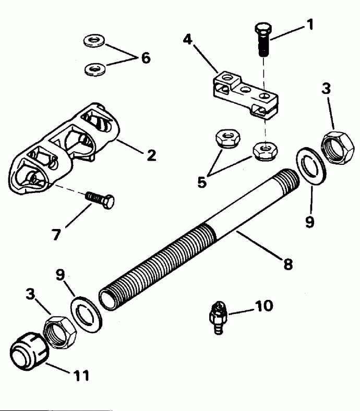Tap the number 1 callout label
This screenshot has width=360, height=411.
[310, 25]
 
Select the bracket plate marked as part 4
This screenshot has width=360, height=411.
[243, 94]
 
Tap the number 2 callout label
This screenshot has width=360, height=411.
[151, 155]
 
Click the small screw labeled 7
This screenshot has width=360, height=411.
[100, 199]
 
